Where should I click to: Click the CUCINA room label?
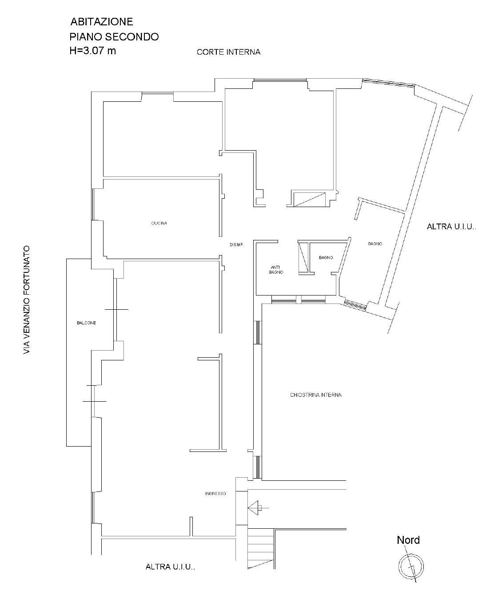(x=159, y=223)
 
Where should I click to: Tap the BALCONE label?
(x=86, y=323)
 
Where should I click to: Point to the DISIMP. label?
(x=237, y=244)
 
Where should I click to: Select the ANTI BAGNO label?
(x=276, y=270)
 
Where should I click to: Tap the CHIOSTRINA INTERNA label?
(x=315, y=395)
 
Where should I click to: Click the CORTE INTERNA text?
(x=228, y=52)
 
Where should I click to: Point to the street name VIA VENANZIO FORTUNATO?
(x=27, y=300)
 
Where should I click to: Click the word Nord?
(x=408, y=540)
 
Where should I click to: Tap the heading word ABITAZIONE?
(x=101, y=22)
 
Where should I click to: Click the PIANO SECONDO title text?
(x=114, y=37)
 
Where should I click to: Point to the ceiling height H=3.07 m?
(x=92, y=51)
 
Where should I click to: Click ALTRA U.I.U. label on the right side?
(x=451, y=227)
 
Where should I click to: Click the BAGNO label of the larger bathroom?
(x=375, y=244)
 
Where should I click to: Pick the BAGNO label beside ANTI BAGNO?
(x=326, y=257)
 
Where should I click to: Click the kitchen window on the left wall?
(x=93, y=204)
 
